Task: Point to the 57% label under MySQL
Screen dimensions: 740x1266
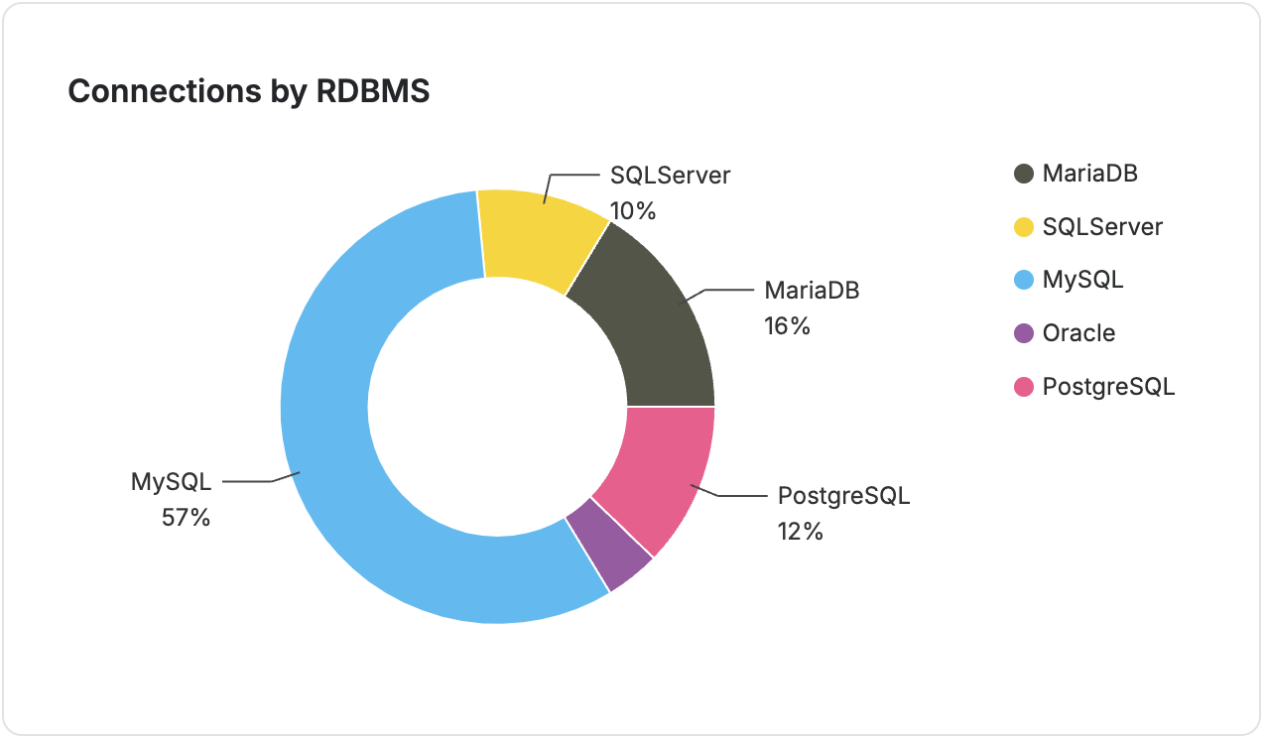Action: point(186,518)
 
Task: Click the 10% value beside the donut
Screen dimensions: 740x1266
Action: point(633,211)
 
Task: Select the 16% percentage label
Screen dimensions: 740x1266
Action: point(787,326)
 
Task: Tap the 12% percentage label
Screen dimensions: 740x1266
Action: point(801,532)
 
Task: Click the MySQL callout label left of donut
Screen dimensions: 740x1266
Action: point(172,482)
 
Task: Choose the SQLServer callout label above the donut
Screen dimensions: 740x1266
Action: point(670,176)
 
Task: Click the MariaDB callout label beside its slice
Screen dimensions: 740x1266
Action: point(811,291)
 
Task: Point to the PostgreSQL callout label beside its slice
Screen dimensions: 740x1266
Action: point(843,495)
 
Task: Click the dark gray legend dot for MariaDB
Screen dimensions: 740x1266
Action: point(1024,174)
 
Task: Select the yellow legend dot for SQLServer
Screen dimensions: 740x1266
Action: point(1024,227)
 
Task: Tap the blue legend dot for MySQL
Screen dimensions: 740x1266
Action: point(1024,280)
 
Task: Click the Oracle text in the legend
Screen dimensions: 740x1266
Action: point(1078,333)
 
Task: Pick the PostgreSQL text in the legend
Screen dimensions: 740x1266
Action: point(1108,387)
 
